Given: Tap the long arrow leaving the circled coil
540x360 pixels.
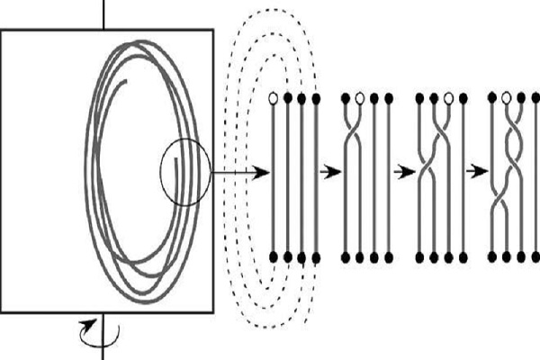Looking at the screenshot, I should tap(239, 172).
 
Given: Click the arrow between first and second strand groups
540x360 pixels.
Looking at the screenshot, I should tap(331, 172).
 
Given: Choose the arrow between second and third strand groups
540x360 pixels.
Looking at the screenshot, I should tap(404, 172).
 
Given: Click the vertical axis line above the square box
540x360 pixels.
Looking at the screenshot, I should tap(105, 13).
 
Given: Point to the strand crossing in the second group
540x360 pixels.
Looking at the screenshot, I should tap(353, 139).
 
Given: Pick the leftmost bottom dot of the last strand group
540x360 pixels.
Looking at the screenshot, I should tap(493, 258).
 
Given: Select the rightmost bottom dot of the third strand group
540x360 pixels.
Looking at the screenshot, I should tap(461, 258).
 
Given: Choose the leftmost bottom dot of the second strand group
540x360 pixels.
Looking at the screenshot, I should tap(346, 258).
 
